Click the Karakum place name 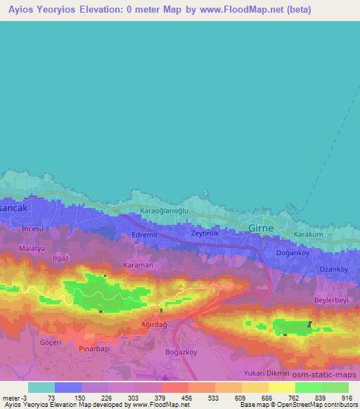309,234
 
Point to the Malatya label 32,249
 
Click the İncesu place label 33,230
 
